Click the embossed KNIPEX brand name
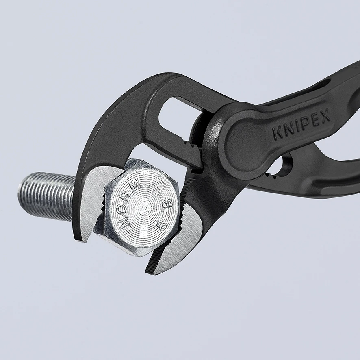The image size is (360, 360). (301, 124)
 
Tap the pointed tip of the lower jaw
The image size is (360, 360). (147, 272)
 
